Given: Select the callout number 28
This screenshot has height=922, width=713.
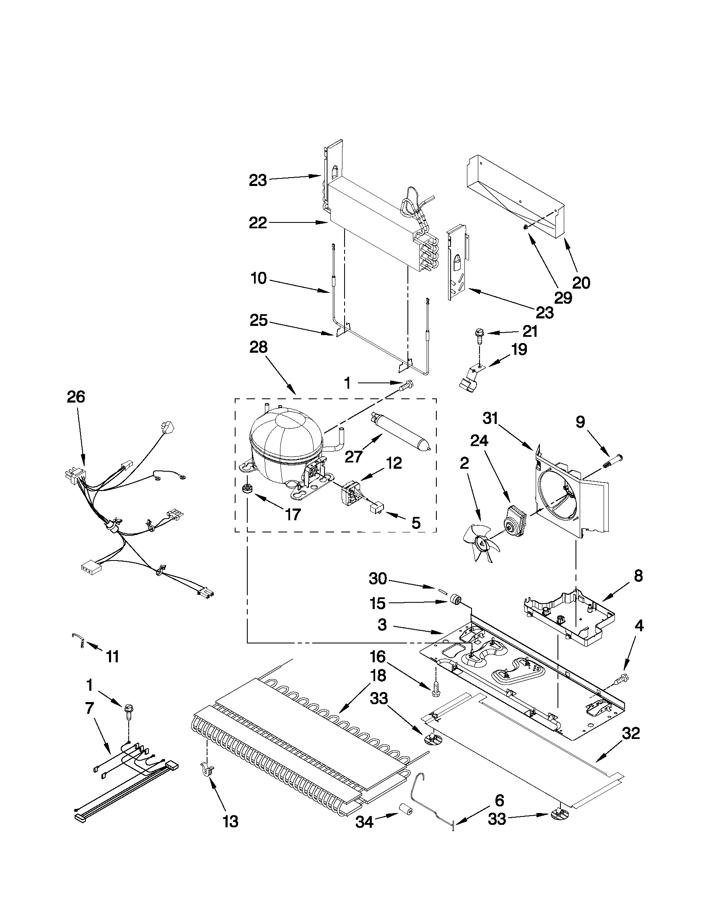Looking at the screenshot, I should click(x=259, y=347).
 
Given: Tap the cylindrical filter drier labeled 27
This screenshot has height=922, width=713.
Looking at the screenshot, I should click(x=399, y=434).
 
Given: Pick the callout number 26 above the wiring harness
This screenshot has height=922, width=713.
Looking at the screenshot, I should click(x=76, y=397).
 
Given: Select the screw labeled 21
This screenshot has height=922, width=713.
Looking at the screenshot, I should click(x=479, y=333).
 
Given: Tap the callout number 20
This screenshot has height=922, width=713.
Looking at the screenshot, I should click(x=581, y=282).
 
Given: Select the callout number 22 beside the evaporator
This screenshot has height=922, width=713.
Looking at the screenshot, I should click(x=258, y=222).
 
